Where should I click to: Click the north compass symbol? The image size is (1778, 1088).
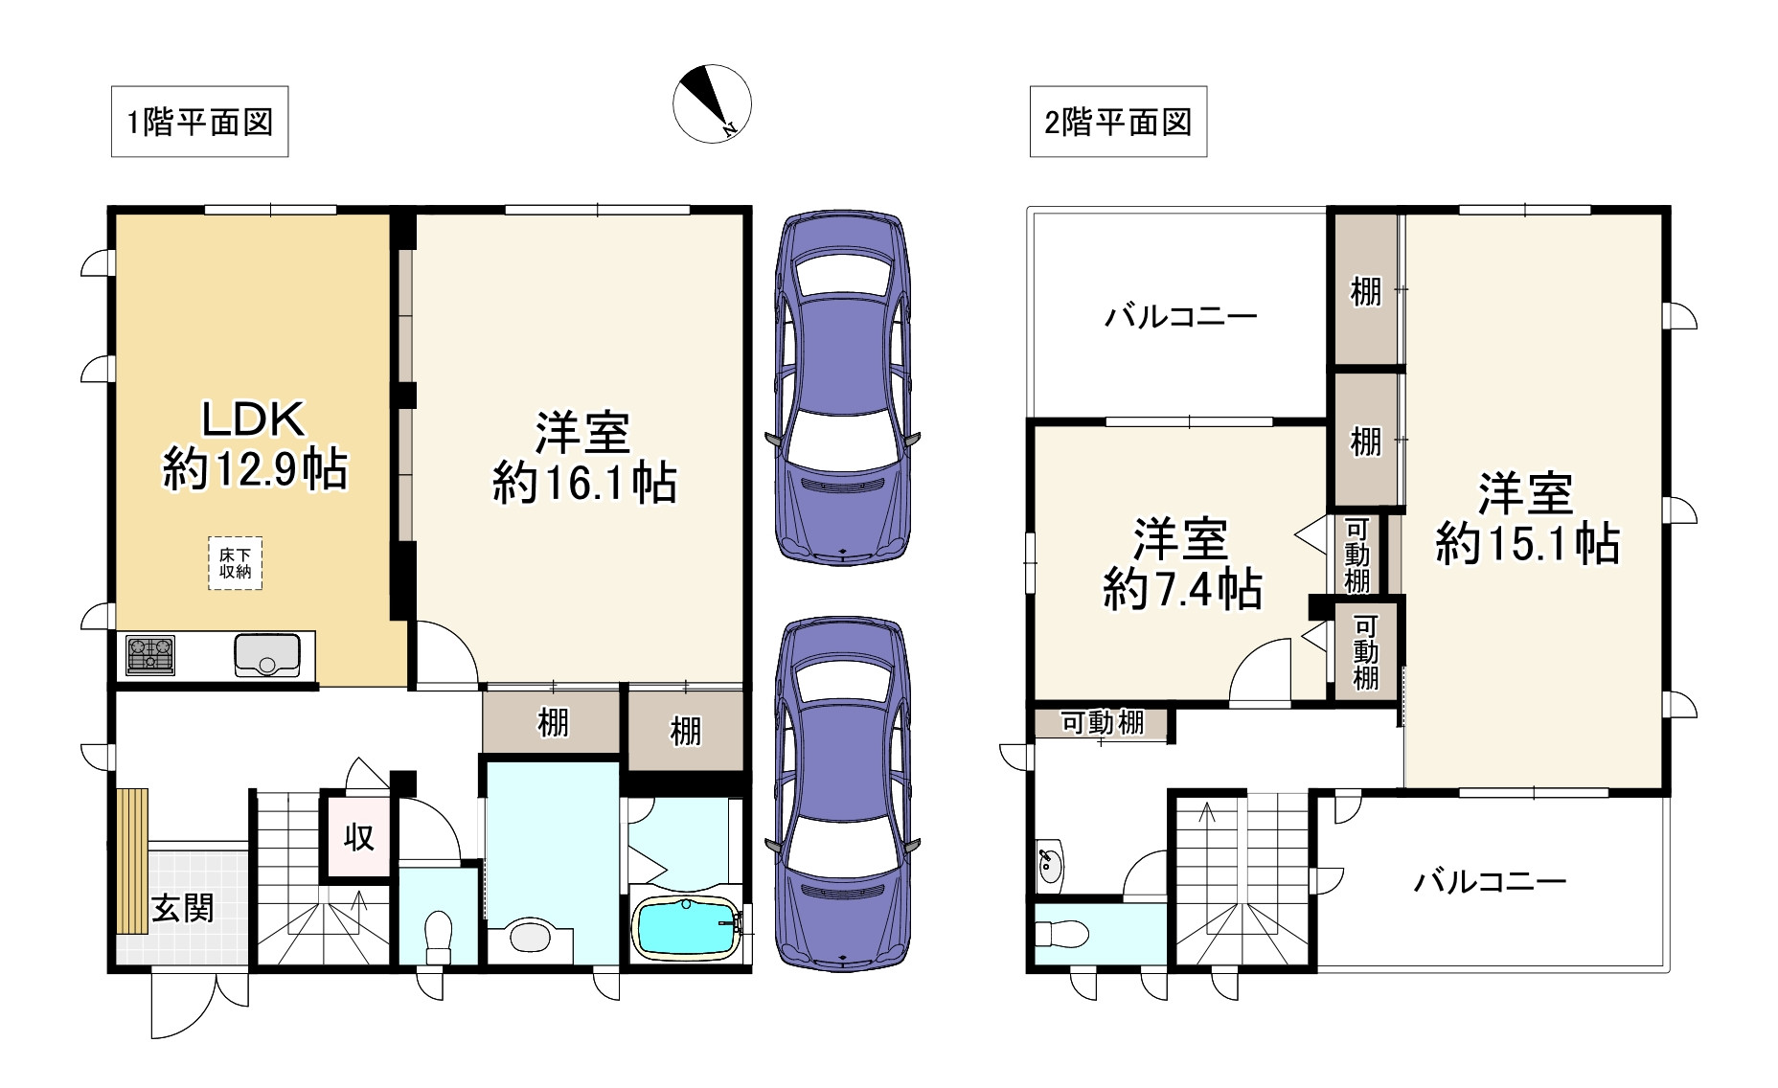[x=712, y=104]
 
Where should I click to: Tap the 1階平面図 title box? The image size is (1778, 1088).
[x=199, y=122]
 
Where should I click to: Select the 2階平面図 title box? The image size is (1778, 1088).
[x=1117, y=122]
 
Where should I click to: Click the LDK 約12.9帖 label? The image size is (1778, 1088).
[x=254, y=444]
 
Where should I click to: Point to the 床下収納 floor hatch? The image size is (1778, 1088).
[x=235, y=563]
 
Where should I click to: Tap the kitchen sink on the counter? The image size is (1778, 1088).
[x=266, y=656]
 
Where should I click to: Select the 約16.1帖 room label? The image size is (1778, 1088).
[x=583, y=459]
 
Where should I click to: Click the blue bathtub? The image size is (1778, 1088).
[x=687, y=927]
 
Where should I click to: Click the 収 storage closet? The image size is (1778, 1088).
[x=358, y=836]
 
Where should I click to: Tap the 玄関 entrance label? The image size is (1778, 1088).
[x=182, y=908]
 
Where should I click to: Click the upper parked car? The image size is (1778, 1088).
[x=842, y=387]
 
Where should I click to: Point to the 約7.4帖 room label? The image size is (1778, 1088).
[x=1181, y=565]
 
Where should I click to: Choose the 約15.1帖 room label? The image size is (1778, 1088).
[x=1526, y=519]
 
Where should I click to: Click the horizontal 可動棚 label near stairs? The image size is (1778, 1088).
[x=1102, y=722]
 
